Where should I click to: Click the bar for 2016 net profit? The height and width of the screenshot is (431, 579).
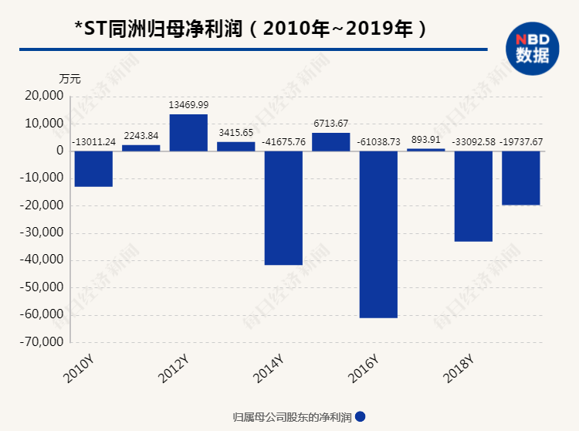pos(378,234)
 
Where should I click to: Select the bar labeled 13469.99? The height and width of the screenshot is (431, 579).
pos(188,132)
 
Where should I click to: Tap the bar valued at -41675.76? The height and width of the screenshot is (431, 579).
pos(283,208)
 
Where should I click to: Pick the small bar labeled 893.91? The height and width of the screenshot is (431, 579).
pos(426,149)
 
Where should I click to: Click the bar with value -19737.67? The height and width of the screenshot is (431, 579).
pos(521,178)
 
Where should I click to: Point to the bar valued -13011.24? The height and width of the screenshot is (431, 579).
pos(93,168)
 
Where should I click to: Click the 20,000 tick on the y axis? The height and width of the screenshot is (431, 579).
pos(43,96)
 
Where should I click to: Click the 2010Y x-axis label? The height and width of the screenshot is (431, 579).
pos(78,369)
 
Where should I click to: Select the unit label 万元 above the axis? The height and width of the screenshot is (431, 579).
pos(69,79)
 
